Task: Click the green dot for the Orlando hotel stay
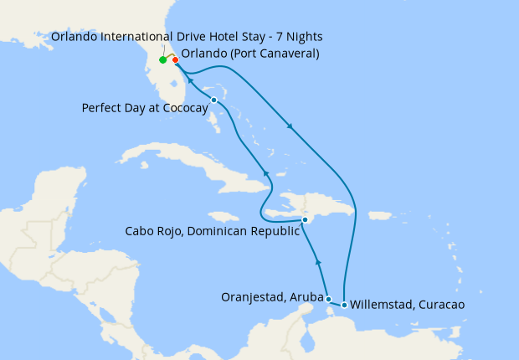coord(162,60)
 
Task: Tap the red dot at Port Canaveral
coord(175,59)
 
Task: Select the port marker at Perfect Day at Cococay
coord(214,100)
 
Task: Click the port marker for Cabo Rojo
coord(306,219)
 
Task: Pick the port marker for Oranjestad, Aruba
coord(328,299)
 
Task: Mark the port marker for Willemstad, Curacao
coord(345,305)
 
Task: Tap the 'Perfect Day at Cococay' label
coord(145,108)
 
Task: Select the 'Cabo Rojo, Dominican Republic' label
coord(211,231)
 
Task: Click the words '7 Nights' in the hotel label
coord(298,37)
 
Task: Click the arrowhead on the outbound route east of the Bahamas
coord(290,127)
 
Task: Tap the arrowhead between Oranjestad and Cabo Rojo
coord(318,263)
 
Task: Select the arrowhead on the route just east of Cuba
coord(266,172)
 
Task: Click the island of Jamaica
coord(219,216)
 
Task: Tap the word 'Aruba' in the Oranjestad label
coord(306,296)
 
